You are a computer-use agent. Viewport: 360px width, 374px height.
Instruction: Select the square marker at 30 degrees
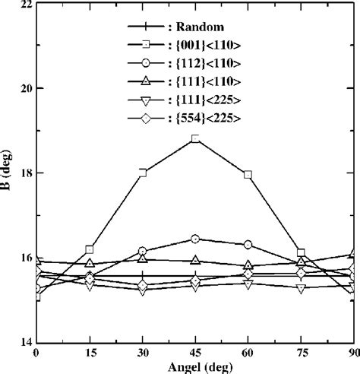tap(143, 173)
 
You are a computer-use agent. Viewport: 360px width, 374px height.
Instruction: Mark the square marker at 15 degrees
tap(90, 249)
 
